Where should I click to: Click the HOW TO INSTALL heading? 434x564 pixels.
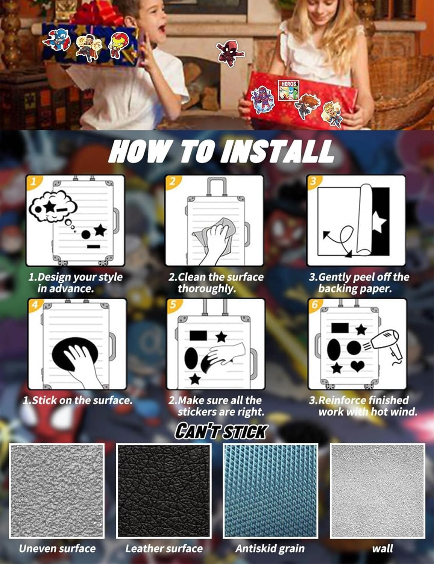(221, 151)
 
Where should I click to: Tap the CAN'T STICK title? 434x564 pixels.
(221, 432)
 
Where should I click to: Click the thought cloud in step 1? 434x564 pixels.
(53, 206)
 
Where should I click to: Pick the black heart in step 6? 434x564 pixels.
(357, 366)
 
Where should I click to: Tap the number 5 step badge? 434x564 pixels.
(173, 305)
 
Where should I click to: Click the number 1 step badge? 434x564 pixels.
(33, 182)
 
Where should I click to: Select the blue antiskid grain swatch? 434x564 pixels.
(270, 490)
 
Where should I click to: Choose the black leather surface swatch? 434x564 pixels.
(164, 490)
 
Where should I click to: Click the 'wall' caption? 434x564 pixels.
(382, 549)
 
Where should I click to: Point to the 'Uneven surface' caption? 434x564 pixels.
(57, 549)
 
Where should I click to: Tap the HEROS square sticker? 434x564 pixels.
(288, 90)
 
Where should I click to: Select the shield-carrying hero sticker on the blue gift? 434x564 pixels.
(57, 40)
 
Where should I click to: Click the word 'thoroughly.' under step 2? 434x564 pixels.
(206, 289)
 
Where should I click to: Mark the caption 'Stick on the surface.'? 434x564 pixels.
(77, 400)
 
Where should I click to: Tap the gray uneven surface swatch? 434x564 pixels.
(57, 490)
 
